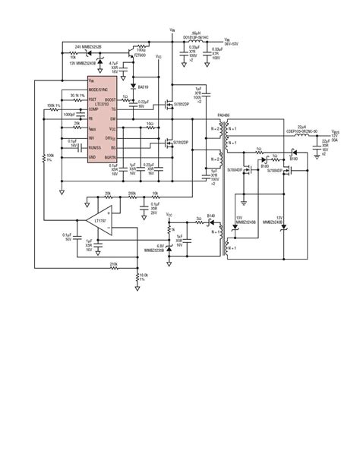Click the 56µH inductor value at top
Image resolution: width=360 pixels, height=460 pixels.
[196, 33]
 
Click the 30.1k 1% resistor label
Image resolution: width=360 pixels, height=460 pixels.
[77, 96]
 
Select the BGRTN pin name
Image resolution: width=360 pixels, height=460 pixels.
[111, 156]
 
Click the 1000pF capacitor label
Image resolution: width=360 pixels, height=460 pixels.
[70, 114]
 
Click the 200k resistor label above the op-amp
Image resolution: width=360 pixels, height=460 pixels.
[132, 193]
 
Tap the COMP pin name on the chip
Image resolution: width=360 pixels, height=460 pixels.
[93, 110]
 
